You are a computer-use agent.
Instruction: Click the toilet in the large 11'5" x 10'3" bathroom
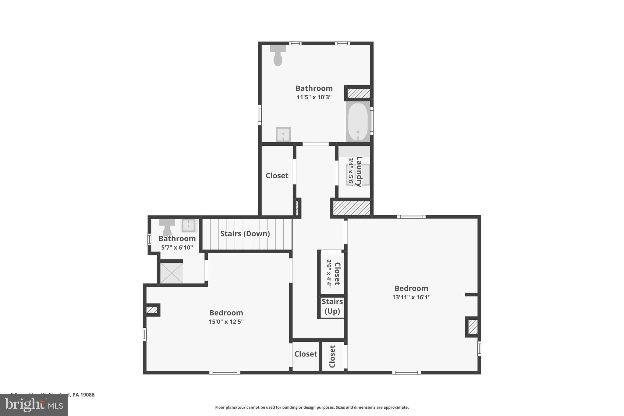click(x=278, y=56)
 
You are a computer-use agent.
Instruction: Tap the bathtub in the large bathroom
click(x=358, y=122)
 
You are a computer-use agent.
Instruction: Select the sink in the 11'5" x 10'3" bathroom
click(x=283, y=134)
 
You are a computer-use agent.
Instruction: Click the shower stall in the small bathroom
click(x=172, y=273)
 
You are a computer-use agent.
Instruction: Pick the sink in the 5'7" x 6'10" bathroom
click(x=189, y=226)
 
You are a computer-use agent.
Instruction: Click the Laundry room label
click(x=359, y=171)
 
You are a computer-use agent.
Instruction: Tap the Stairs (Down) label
click(x=245, y=234)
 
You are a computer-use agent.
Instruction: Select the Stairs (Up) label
click(x=332, y=306)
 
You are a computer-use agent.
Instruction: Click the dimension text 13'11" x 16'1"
click(x=411, y=297)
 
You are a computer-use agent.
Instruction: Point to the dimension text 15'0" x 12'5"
click(x=226, y=322)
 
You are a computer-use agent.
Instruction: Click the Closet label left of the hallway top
click(x=277, y=176)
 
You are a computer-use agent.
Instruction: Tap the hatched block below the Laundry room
click(x=351, y=208)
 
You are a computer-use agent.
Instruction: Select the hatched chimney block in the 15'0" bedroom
click(x=151, y=310)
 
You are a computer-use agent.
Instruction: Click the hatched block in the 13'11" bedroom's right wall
click(x=473, y=327)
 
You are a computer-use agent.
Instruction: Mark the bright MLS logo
click(x=34, y=405)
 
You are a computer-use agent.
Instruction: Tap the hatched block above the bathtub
click(x=359, y=93)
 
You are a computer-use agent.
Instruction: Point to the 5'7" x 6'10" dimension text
click(x=177, y=247)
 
